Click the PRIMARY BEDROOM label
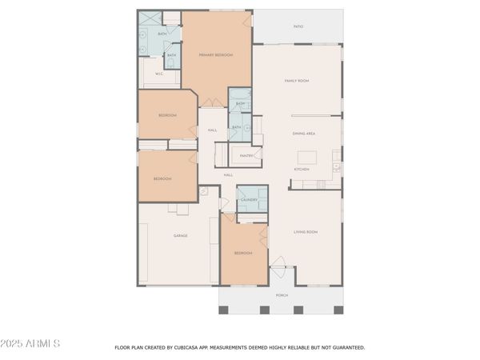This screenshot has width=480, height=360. coord(216,54)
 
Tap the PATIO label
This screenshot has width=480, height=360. coord(298,27)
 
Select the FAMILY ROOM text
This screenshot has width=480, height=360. coord(297,81)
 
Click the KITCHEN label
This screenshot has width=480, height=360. coord(301,170)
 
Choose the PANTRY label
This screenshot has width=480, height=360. coord(247,155)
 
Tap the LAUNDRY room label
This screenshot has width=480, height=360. coord(248,200)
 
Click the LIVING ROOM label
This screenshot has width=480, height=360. coord(306,232)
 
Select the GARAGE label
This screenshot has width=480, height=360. coord(181,236)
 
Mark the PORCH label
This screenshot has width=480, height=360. coord(282,295)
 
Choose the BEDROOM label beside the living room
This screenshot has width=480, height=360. coord(243,253)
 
